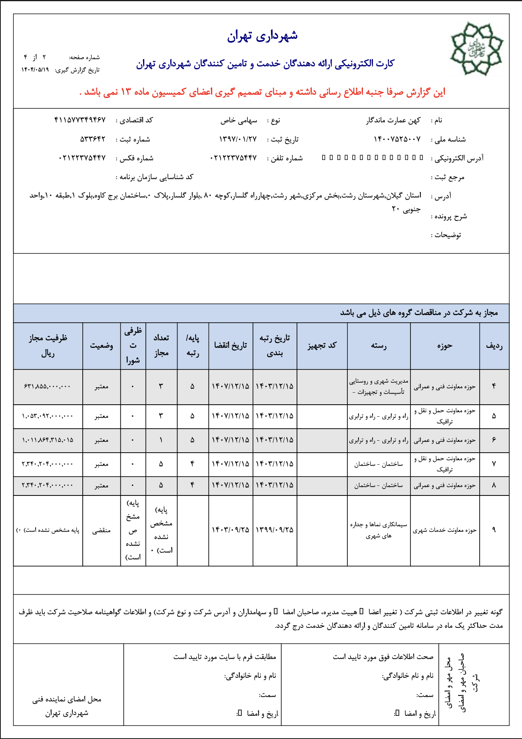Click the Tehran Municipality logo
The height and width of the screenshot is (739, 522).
click(x=476, y=49)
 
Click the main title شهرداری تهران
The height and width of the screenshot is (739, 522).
click(x=262, y=36)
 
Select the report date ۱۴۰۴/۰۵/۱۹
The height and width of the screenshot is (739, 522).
click(x=35, y=70)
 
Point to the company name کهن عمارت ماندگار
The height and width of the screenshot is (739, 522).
click(x=393, y=120)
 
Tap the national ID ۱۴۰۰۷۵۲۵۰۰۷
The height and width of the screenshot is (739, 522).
click(x=397, y=139)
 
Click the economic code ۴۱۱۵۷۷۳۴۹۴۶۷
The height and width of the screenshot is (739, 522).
click(x=80, y=120)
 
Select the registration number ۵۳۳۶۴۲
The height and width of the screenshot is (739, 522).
click(x=93, y=139)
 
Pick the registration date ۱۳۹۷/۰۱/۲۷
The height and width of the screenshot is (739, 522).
click(x=238, y=139)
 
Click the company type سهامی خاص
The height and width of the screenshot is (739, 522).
click(x=239, y=120)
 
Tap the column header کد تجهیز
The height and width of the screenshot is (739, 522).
click(x=322, y=346)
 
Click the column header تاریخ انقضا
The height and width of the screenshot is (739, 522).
click(x=231, y=346)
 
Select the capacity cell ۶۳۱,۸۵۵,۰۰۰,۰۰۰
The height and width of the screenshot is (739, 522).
click(x=48, y=386)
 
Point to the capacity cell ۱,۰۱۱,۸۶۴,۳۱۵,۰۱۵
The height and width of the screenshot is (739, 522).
click(x=48, y=440)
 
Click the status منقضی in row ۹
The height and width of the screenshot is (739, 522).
click(x=102, y=531)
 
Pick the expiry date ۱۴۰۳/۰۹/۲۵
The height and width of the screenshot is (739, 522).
click(x=230, y=530)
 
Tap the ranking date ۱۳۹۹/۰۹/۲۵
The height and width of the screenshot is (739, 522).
click(x=275, y=530)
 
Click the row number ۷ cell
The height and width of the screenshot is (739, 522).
click(x=494, y=464)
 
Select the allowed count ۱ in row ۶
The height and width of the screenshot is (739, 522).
click(x=161, y=440)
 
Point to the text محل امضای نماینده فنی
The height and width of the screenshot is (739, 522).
click(x=67, y=699)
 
